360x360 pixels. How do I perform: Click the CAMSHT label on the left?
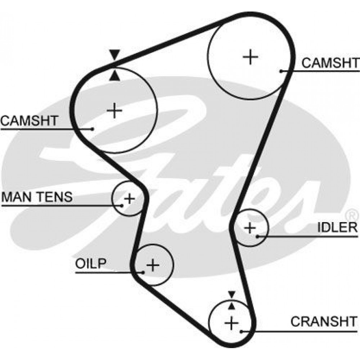click(x=30, y=121)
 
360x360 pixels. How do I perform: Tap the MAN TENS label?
click(x=37, y=197)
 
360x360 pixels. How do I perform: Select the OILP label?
click(x=91, y=264)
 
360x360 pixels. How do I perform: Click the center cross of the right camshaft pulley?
click(x=250, y=57)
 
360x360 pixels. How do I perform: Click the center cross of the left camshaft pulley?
click(x=114, y=111)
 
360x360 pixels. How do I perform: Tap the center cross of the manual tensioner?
click(x=129, y=198)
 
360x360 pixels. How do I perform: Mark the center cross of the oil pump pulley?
click(x=153, y=265)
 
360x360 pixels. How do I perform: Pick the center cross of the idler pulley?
click(x=250, y=228)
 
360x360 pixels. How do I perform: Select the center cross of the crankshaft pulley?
click(x=231, y=323)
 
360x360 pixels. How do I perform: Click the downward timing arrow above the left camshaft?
click(x=114, y=55)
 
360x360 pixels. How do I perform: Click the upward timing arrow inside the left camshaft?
click(x=114, y=76)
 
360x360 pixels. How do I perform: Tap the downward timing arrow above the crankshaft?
click(x=231, y=294)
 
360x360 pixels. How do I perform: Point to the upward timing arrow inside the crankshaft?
click(x=231, y=306)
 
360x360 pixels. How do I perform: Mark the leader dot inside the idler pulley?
click(x=257, y=236)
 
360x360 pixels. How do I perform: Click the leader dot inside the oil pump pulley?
click(x=143, y=273)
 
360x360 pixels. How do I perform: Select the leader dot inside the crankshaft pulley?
click(x=241, y=331)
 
